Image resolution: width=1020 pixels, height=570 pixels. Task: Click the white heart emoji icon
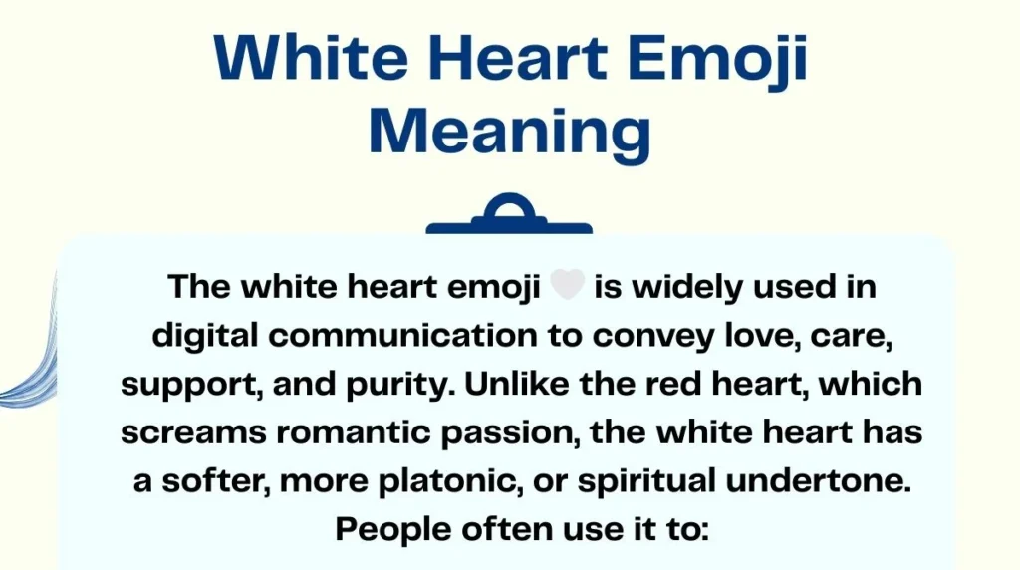click(x=567, y=287)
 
